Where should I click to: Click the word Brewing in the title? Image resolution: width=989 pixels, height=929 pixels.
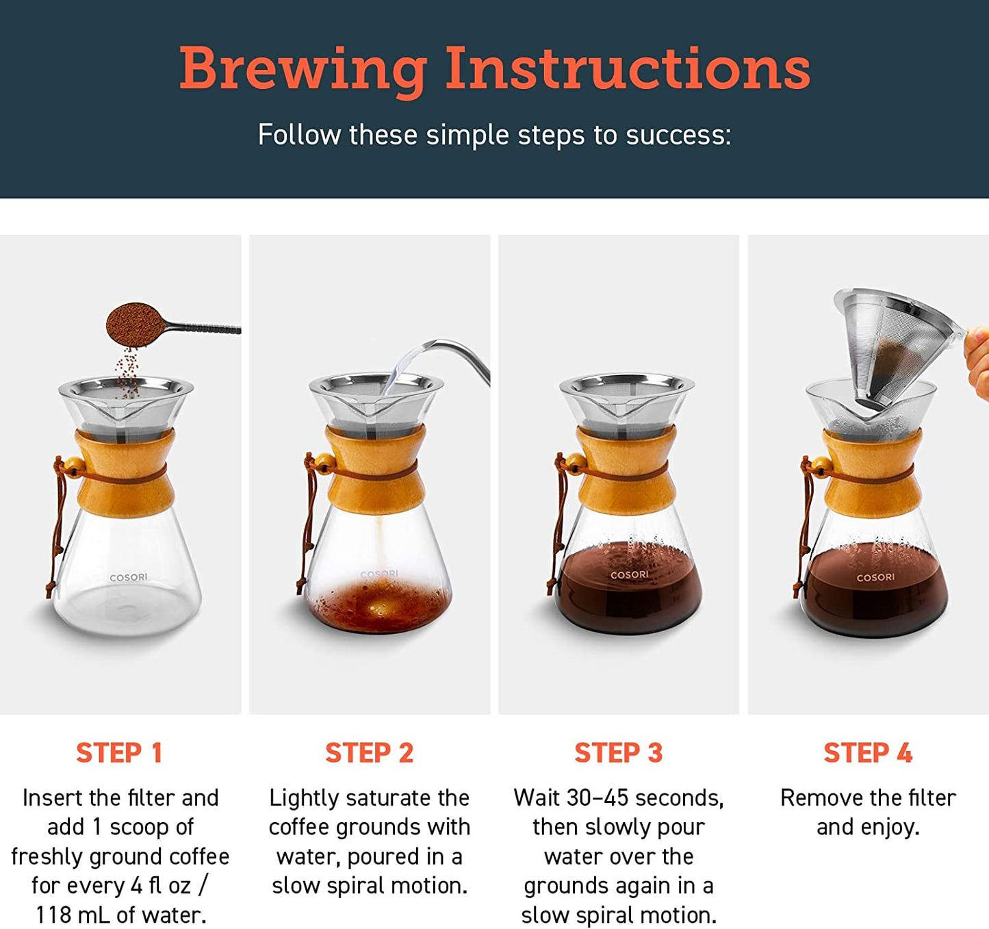point(302,70)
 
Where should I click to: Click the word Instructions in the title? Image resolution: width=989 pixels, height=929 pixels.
point(627,70)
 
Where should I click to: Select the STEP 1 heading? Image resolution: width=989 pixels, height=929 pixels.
point(119,753)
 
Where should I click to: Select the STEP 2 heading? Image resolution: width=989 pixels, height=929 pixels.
point(369,753)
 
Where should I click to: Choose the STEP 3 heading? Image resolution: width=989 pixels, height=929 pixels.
point(618,753)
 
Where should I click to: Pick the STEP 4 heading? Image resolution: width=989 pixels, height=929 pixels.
point(868,753)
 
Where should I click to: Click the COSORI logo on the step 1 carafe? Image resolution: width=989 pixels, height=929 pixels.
point(129,578)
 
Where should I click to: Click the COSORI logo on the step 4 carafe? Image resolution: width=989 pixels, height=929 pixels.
point(875,578)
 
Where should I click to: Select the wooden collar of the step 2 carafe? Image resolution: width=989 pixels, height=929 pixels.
point(375,470)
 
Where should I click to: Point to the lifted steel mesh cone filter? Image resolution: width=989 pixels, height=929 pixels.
point(890,346)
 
